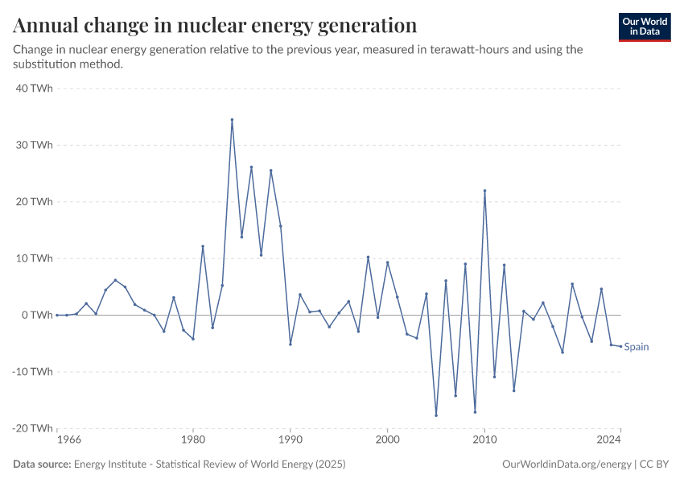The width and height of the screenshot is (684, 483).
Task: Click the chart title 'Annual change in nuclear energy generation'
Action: pyautogui.click(x=215, y=26)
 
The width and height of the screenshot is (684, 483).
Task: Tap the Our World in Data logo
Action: pyautogui.click(x=645, y=27)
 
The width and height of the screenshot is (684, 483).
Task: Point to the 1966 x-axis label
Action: pyautogui.click(x=69, y=440)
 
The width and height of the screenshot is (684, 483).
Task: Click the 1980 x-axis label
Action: pyautogui.click(x=193, y=440)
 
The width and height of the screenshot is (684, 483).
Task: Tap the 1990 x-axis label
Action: pyautogui.click(x=290, y=440)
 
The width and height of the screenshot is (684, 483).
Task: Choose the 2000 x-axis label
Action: pyautogui.click(x=388, y=440)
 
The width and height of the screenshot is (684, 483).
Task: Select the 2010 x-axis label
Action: pyautogui.click(x=484, y=440)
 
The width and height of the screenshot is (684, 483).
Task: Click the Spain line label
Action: pyautogui.click(x=637, y=347)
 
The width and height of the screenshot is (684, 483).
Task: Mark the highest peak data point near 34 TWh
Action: pyautogui.click(x=232, y=120)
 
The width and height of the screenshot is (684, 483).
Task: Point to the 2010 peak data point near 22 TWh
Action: pyautogui.click(x=484, y=191)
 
